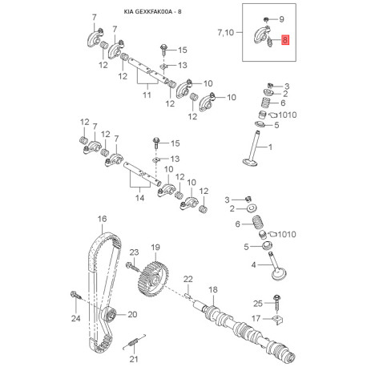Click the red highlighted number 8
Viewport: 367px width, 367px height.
click(x=285, y=40)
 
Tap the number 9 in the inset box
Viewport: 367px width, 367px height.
click(x=281, y=19)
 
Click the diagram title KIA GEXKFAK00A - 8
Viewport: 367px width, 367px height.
click(x=152, y=12)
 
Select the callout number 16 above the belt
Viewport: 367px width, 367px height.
click(x=102, y=219)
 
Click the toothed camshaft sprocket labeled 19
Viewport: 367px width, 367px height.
click(x=153, y=278)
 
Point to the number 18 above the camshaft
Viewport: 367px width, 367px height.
click(x=213, y=289)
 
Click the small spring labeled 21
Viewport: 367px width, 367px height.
click(x=135, y=341)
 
